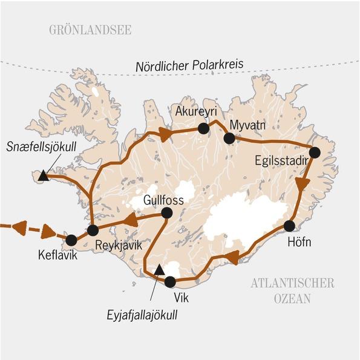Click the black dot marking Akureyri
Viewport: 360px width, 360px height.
coord(203,128)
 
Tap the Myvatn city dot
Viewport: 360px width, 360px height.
coord(229,139)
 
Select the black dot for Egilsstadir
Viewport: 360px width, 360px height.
coord(315,152)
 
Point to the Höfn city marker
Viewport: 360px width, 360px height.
coord(289,226)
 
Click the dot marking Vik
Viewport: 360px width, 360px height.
coord(170,281)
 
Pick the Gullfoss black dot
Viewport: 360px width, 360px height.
coord(166,213)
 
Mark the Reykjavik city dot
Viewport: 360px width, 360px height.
coord(93,230)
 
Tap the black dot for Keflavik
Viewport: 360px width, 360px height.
coord(71,240)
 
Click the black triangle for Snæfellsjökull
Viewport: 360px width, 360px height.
coord(42,176)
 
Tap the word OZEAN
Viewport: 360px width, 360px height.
coord(292,298)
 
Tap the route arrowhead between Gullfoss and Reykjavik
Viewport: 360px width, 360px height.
coord(129,221)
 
